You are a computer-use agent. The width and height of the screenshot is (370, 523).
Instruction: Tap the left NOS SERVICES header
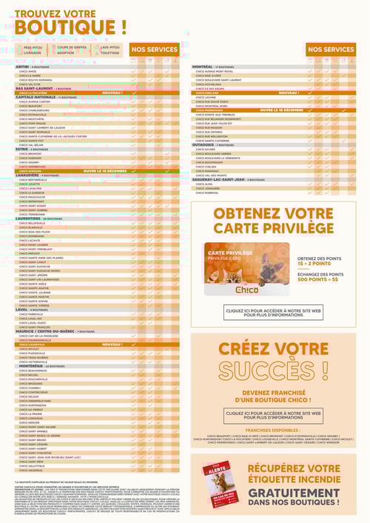pos(154,50)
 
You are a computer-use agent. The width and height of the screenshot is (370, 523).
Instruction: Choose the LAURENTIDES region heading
pos(30,219)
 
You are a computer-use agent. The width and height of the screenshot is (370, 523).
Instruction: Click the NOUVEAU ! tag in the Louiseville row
pos(112,344)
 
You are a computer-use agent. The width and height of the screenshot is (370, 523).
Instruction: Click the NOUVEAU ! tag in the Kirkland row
pos(288,93)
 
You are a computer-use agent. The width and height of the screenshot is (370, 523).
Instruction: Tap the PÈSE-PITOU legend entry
pos(32,47)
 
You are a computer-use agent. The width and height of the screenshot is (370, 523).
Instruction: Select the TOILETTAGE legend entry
pos(110,53)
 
